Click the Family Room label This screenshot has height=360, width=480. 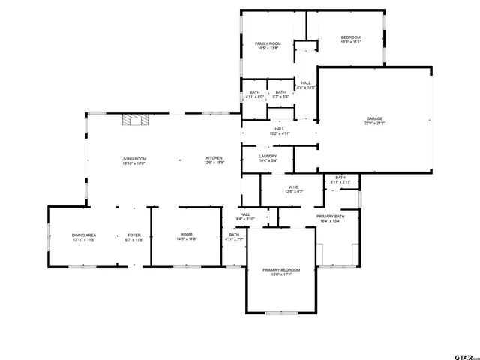pyautogui.click(x=267, y=46)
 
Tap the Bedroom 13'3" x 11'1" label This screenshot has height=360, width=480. pyautogui.click(x=351, y=40)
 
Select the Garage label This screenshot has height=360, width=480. pyautogui.click(x=374, y=121)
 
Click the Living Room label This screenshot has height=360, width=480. pyautogui.click(x=134, y=160)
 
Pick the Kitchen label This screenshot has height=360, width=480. pyautogui.click(x=214, y=160)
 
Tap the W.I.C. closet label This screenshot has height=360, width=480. pyautogui.click(x=294, y=189)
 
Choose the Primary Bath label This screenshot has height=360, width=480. pyautogui.click(x=330, y=218)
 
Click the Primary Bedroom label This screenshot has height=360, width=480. pyautogui.click(x=281, y=271)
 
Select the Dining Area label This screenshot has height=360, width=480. pyautogui.click(x=84, y=237)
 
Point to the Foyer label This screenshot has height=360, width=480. pyautogui.click(x=133, y=237)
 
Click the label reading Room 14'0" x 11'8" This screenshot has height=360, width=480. pyautogui.click(x=186, y=237)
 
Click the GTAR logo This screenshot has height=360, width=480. pyautogui.click(x=463, y=352)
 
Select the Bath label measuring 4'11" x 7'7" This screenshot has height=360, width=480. pyautogui.click(x=234, y=237)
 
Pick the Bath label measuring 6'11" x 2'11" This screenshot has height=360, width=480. pyautogui.click(x=340, y=180)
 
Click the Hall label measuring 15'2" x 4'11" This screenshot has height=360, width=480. pyautogui.click(x=279, y=131)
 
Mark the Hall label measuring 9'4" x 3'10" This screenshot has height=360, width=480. pyautogui.click(x=245, y=217)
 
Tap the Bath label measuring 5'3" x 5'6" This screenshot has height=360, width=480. pyautogui.click(x=280, y=94)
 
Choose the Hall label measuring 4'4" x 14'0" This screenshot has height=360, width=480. pyautogui.click(x=306, y=85)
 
